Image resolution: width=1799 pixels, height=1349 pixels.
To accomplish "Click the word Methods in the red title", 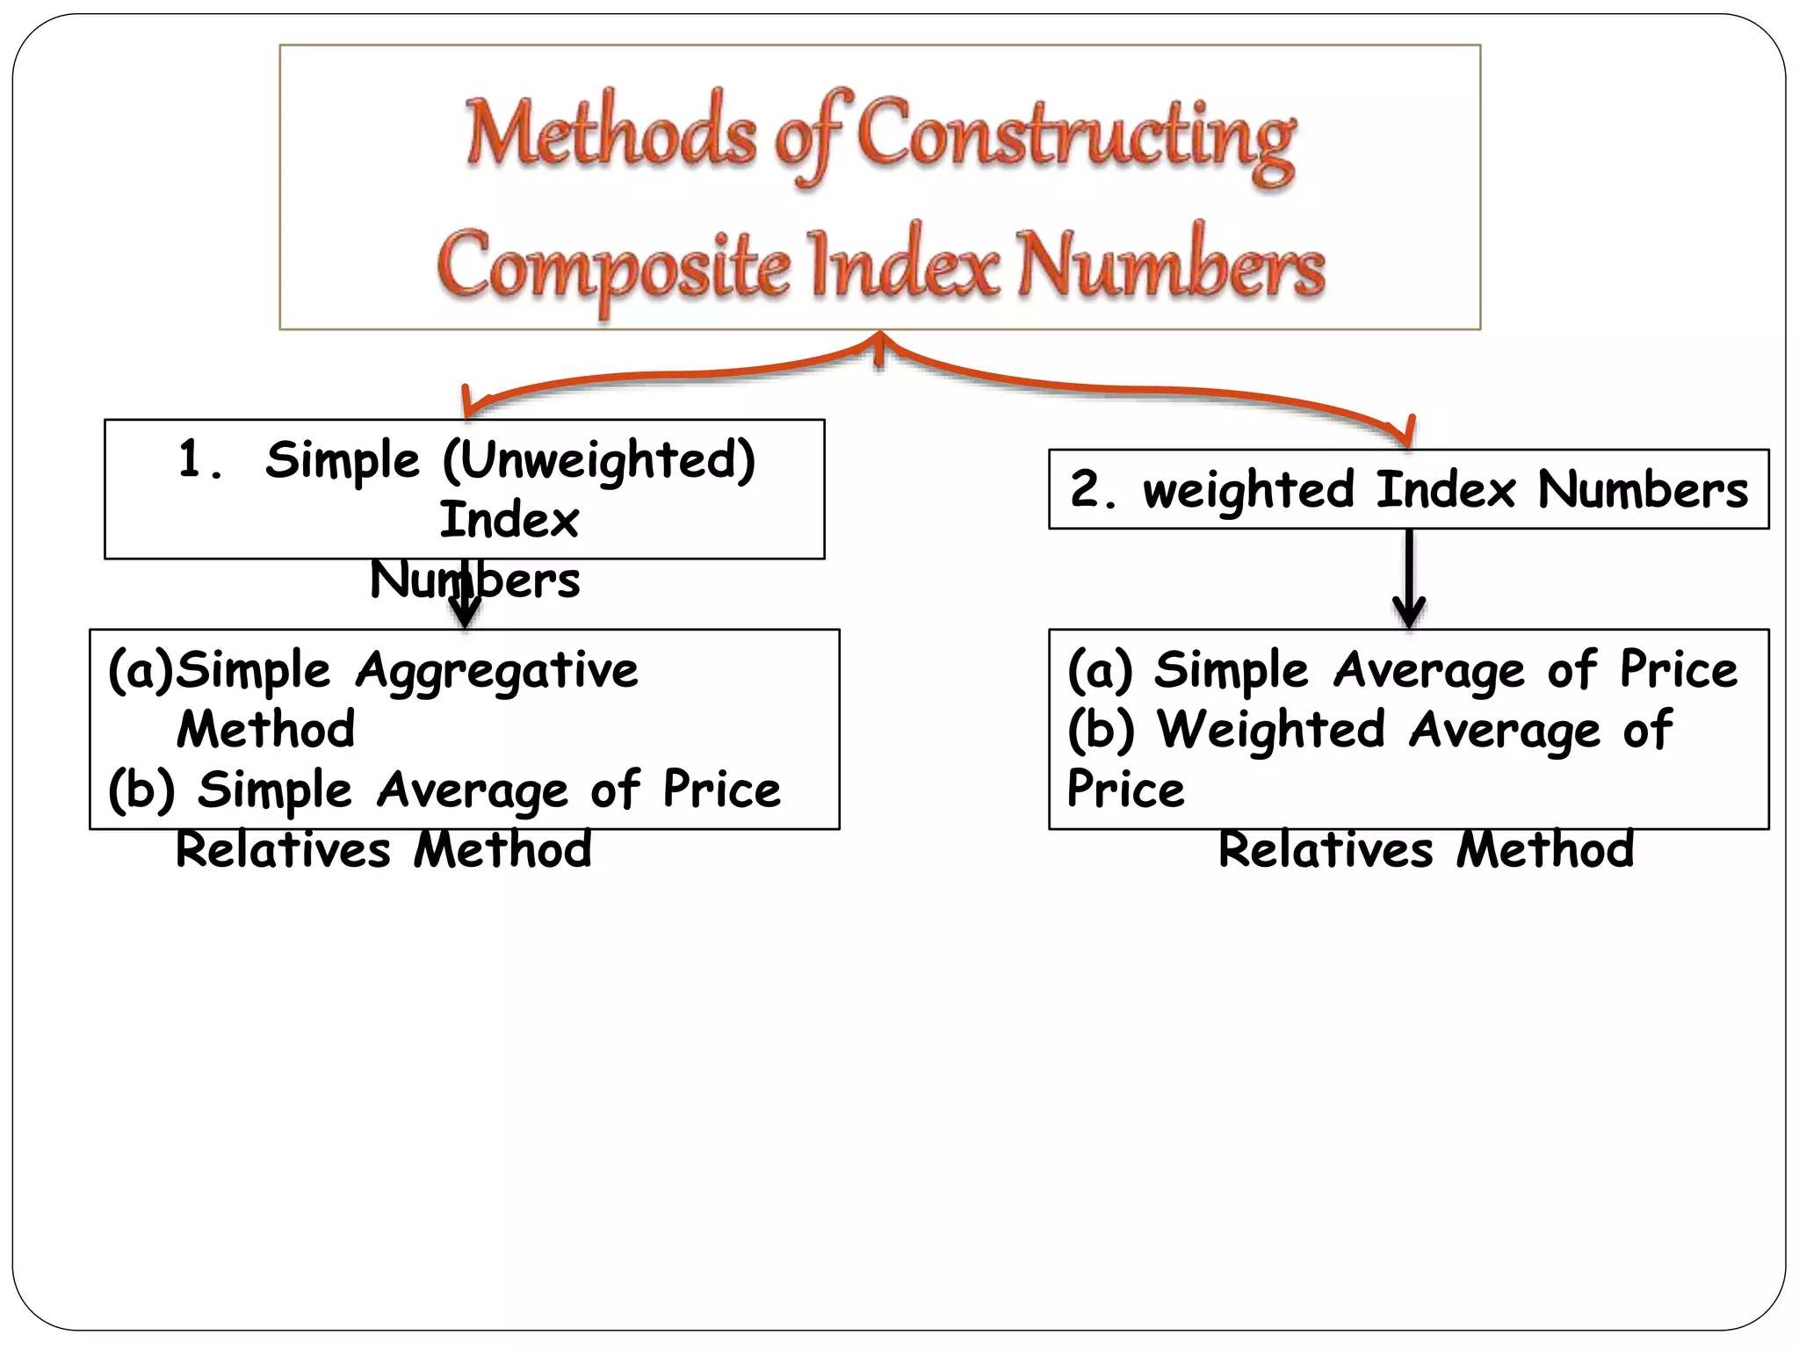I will click(610, 134).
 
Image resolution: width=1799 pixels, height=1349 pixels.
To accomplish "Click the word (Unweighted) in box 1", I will click(598, 461).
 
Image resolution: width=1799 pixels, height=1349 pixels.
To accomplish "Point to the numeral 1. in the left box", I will click(199, 459).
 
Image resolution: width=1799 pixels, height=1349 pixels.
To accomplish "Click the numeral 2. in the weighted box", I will click(1093, 489).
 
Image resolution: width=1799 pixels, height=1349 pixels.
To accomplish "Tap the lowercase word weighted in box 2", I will click(1247, 490).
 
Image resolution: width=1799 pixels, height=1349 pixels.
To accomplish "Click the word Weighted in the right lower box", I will click(1271, 730).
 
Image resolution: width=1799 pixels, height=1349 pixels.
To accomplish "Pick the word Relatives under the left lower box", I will click(283, 850).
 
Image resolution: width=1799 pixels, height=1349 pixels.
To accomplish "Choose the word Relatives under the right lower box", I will click(1326, 850).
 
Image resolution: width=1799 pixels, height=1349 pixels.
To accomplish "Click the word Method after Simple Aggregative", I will click(266, 730).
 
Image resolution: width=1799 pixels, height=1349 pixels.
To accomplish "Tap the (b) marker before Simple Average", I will click(141, 790).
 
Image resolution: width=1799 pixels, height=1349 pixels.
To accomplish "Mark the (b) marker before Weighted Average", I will click(1101, 730).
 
